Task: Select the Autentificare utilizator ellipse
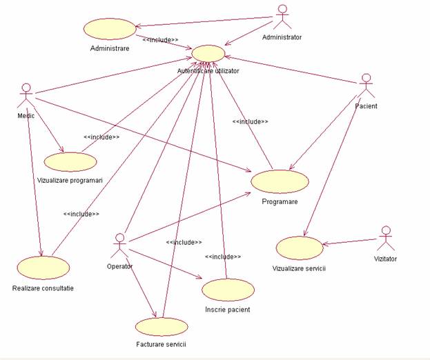click(x=208, y=54)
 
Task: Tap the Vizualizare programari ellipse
click(x=70, y=161)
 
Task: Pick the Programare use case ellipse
click(x=280, y=181)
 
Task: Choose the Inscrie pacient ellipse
click(x=228, y=290)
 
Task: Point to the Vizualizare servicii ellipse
click(x=299, y=248)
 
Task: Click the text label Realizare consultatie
click(x=43, y=288)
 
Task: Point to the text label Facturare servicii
click(x=162, y=343)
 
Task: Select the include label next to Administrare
click(x=160, y=39)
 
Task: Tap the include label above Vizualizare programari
click(x=101, y=137)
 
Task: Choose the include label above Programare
click(x=250, y=121)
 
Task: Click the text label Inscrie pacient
click(x=228, y=310)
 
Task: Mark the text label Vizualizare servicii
click(x=299, y=268)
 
